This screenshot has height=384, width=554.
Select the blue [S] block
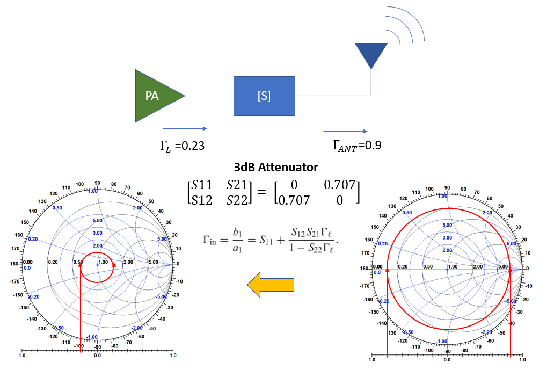(264, 96)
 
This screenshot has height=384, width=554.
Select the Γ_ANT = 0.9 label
(358, 145)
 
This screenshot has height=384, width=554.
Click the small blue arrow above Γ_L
(185, 129)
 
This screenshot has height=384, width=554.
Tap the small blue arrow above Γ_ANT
(346, 131)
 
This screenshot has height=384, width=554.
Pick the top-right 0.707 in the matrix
(340, 185)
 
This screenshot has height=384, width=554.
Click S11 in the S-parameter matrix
(202, 185)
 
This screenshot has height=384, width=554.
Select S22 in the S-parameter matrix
(237, 200)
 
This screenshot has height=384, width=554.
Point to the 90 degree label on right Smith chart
(447, 189)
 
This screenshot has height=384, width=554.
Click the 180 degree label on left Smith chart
(28, 262)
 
